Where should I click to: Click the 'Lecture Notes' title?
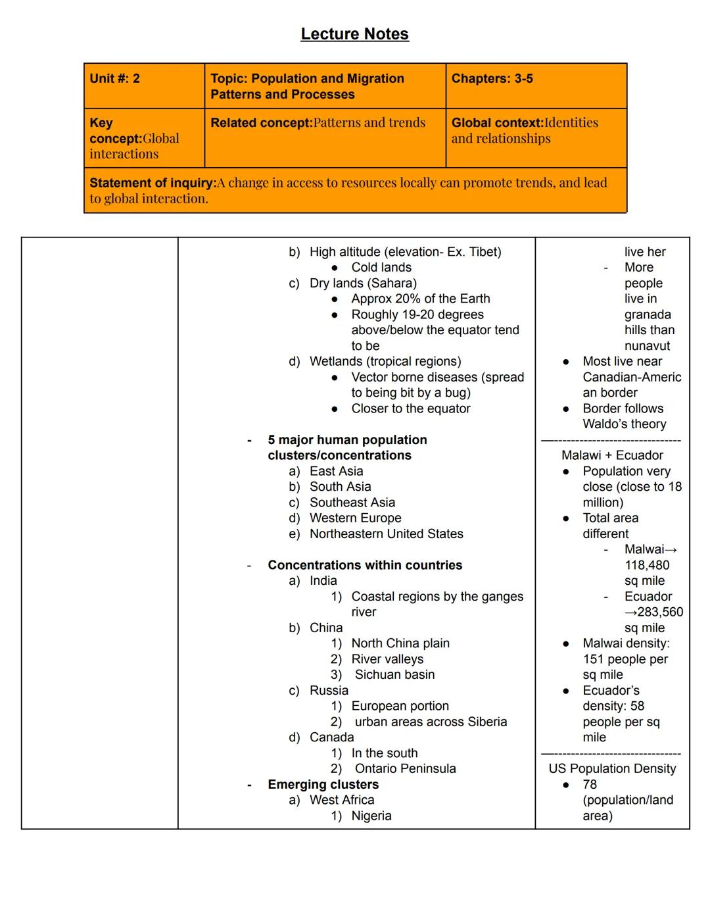point(354,34)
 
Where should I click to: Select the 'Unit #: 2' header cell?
point(115,79)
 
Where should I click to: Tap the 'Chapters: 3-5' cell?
point(492,79)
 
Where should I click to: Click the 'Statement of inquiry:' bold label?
point(153,183)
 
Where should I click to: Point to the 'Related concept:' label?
point(262,123)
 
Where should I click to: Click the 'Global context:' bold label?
point(497,123)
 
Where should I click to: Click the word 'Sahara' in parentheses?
point(392,284)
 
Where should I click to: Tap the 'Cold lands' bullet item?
point(381,268)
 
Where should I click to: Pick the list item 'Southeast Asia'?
point(352,503)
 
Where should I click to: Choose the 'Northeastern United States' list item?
point(386,534)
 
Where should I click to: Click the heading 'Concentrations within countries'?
point(365,565)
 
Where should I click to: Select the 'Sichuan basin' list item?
point(394,675)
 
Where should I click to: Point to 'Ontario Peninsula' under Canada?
point(405,769)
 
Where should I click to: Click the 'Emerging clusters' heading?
point(323,785)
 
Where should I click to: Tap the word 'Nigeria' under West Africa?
point(371,816)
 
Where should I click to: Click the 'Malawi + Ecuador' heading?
point(612,455)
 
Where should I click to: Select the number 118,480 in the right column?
point(647,566)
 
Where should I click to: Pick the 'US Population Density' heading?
point(612,769)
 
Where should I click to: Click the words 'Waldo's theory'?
point(624,424)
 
